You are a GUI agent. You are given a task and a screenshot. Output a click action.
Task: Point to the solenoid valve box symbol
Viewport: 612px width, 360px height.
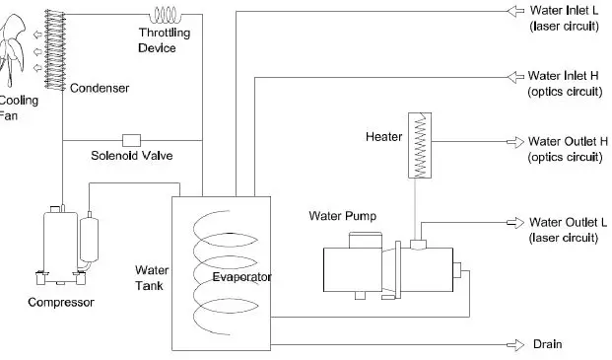[130, 139]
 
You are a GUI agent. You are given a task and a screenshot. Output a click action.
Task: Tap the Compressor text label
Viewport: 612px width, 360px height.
[60, 302]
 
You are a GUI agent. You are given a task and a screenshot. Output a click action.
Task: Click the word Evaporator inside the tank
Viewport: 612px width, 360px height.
[241, 277]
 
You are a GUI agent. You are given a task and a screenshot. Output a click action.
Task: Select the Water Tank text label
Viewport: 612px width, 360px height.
[151, 277]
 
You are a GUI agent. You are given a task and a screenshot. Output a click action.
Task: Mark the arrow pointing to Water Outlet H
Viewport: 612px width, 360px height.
[512, 141]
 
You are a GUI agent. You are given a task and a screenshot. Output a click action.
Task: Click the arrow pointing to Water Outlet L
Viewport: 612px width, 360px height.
[512, 222]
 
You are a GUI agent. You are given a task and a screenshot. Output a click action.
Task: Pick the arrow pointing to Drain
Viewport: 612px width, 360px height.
[512, 343]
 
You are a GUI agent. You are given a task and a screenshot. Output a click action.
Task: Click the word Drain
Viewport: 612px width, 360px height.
[547, 344]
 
